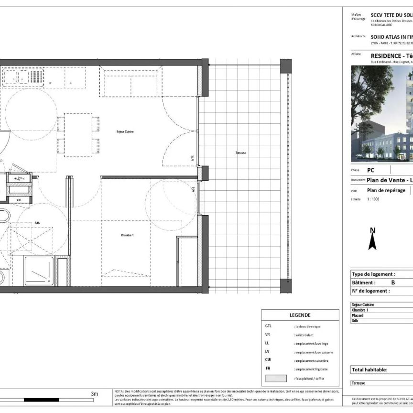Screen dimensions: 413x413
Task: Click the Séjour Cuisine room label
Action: click(125, 131)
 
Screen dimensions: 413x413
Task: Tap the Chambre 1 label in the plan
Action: click(127, 235)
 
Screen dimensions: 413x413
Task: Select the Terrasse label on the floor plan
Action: click(240, 153)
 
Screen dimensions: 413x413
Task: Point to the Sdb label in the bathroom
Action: click(37, 223)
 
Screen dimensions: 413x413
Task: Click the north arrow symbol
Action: click(373, 239)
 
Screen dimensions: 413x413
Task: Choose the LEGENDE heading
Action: click(300, 315)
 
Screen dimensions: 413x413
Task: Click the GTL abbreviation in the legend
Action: click(268, 326)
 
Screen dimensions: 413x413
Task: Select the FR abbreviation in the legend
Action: click(268, 369)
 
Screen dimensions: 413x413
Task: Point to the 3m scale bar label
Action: click(94, 394)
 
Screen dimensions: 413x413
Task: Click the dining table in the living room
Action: click(78, 135)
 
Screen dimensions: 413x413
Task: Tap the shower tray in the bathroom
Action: click(39, 271)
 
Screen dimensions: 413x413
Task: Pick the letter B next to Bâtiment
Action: click(393, 283)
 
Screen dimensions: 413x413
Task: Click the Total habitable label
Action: click(370, 370)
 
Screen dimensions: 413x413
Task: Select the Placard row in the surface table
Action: click(358, 315)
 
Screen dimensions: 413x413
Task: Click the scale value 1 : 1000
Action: click(373, 199)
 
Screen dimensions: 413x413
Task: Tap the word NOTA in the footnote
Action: click(120, 391)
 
